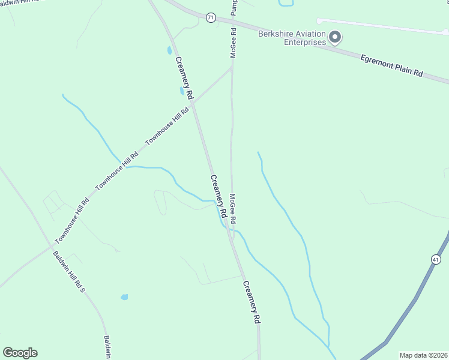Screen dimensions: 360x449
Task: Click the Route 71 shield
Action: click(x=210, y=18)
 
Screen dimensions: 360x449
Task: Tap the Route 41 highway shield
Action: click(x=436, y=259)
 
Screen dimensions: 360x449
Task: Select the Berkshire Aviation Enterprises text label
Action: click(x=292, y=38)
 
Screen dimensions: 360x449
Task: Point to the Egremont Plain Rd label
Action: click(x=391, y=65)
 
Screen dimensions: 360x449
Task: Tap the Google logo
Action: click(x=20, y=353)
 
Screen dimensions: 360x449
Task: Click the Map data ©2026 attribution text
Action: click(x=424, y=355)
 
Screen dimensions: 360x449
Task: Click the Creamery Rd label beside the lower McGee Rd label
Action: click(x=218, y=196)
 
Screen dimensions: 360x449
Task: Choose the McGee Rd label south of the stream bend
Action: click(x=233, y=209)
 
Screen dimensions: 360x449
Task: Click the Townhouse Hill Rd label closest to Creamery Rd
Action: click(x=168, y=128)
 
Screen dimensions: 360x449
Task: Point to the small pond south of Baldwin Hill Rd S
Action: click(x=124, y=297)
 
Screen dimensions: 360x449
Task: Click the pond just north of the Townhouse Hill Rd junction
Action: click(x=181, y=91)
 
